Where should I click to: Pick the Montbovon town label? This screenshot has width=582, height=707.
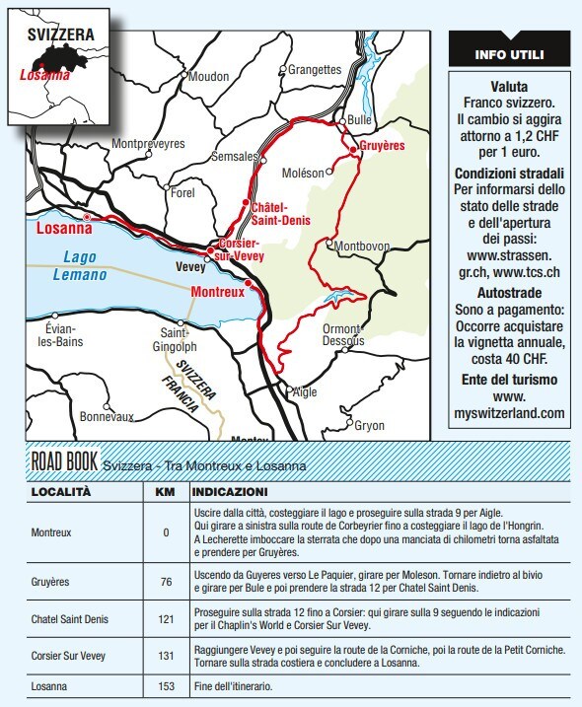(366, 246)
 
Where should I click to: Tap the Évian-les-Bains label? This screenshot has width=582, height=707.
(68, 335)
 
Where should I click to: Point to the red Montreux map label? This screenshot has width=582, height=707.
(216, 293)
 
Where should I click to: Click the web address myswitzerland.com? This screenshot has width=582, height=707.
(509, 413)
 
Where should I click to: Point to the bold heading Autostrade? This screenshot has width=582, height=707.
(509, 294)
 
